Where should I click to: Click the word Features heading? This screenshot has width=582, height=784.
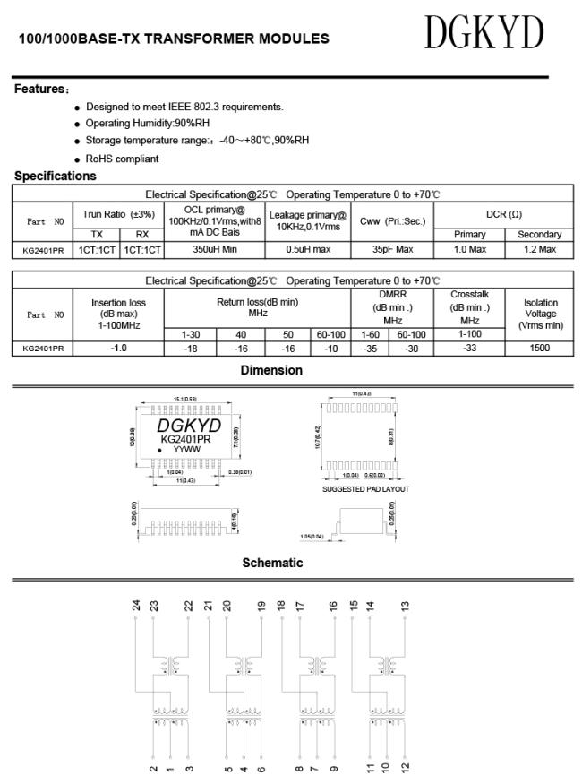41,89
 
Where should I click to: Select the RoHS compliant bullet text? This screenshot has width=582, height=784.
122,159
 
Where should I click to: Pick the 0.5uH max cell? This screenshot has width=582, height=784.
308,249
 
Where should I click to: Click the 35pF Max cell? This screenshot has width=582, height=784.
392,249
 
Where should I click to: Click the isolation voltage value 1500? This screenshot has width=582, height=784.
538,347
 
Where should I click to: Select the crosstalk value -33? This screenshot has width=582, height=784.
469,347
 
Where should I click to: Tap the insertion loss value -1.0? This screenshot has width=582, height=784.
118,347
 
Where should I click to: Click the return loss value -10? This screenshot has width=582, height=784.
330,347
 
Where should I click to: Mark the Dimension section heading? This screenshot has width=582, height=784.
271,370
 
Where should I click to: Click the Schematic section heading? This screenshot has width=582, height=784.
272,563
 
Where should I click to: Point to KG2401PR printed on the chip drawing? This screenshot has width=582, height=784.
185,439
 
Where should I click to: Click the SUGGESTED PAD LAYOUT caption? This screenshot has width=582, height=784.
364,488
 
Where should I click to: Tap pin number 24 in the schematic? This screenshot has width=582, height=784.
136,605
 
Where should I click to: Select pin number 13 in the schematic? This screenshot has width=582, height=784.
405,605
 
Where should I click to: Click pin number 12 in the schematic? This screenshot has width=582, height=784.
405,767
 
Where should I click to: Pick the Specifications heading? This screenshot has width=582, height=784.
55,176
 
